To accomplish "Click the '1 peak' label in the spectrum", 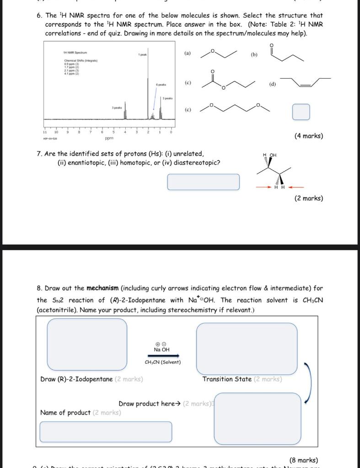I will click(143, 55).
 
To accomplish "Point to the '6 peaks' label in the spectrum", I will click(161, 85).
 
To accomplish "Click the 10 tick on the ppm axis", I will click(56, 132).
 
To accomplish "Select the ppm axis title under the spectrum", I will click(109, 138).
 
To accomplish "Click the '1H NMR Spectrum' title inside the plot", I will click(75, 53).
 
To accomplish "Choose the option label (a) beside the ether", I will click(188, 54).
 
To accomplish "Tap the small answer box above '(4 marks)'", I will click(301, 112).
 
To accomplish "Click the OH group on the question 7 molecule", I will click(273, 155).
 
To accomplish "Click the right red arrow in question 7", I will click(296, 187).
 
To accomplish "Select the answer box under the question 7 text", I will click(203, 182).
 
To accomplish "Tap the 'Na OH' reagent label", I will click(162, 350).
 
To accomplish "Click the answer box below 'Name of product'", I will click(106, 432).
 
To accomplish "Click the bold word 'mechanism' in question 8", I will click(102, 288).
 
